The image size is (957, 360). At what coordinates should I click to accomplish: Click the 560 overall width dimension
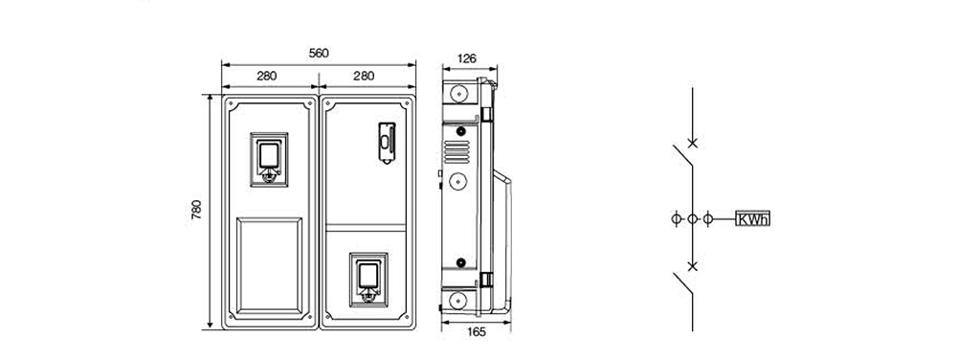pyautogui.click(x=319, y=53)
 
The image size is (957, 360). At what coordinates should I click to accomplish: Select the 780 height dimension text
pyautogui.click(x=196, y=210)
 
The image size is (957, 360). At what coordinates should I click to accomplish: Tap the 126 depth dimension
pyautogui.click(x=467, y=58)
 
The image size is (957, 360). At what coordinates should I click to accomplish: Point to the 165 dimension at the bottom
pyautogui.click(x=476, y=332)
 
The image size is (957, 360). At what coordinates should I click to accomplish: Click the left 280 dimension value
pyautogui.click(x=267, y=77)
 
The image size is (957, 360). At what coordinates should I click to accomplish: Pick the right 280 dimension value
pyautogui.click(x=364, y=77)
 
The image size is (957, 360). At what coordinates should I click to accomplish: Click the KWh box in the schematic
pyautogui.click(x=752, y=218)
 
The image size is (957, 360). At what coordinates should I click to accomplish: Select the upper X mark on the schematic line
pyautogui.click(x=692, y=143)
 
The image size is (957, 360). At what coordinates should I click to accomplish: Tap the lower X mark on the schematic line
pyautogui.click(x=692, y=266)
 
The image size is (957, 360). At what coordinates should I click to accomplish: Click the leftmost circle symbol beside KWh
pyautogui.click(x=677, y=218)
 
